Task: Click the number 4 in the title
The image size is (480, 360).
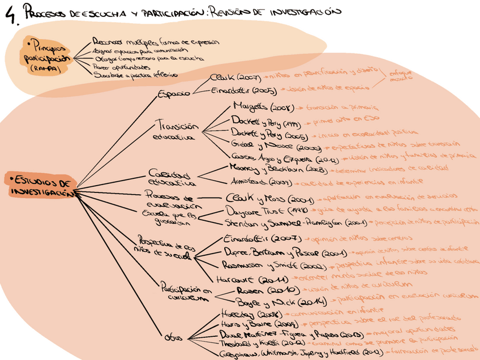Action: coord(10,16)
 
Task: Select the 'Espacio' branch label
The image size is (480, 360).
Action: coord(173,94)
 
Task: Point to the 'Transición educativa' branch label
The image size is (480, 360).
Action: coord(176,131)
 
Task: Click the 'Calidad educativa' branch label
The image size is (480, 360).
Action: coord(172,178)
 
